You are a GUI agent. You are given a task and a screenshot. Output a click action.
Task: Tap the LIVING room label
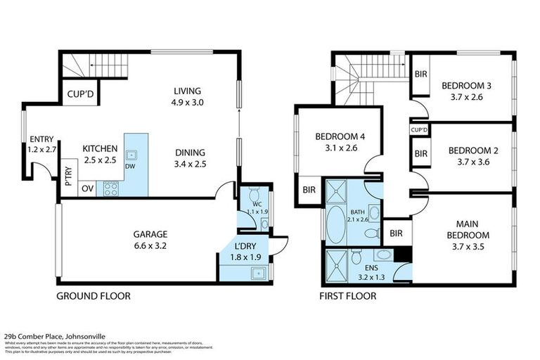click(x=188, y=91)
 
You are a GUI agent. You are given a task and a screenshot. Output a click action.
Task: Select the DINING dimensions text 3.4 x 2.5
click(x=190, y=165)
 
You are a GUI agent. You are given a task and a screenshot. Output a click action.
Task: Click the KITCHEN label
click(x=99, y=148)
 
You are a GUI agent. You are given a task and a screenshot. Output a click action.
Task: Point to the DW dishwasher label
click(x=130, y=167)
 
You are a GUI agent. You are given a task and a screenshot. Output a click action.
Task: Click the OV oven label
click(x=88, y=188)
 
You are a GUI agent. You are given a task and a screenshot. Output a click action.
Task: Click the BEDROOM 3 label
click(x=466, y=86)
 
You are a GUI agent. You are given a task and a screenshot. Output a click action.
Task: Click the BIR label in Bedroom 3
click(x=420, y=74)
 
